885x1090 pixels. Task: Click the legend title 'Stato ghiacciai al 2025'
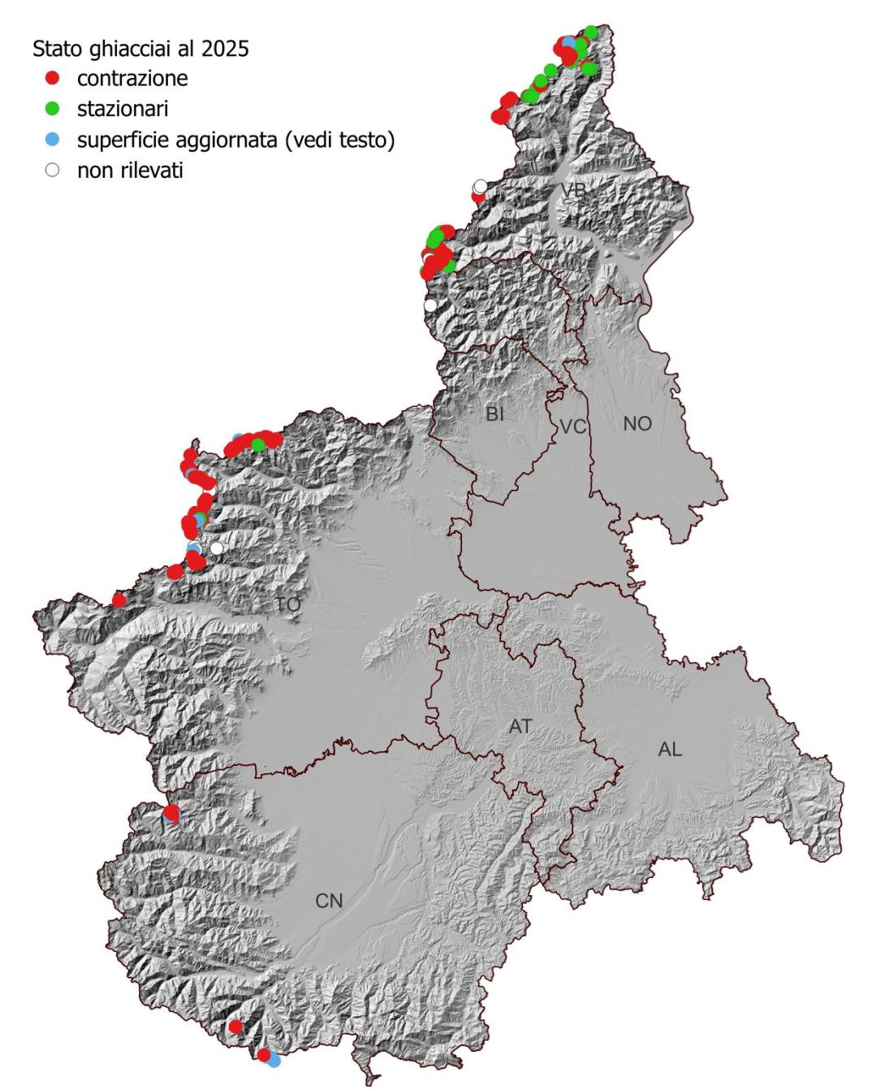click(x=140, y=49)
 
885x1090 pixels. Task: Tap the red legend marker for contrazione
click(x=53, y=79)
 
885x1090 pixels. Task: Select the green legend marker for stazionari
click(x=53, y=108)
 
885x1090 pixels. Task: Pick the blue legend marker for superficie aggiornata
click(x=53, y=140)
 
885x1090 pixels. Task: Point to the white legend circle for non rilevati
click(x=53, y=171)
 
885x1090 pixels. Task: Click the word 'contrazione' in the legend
click(x=132, y=79)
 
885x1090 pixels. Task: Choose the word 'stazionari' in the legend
click(x=123, y=108)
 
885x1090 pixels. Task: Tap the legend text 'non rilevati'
click(x=130, y=171)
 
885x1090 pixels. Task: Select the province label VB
click(x=572, y=190)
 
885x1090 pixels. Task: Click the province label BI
click(x=494, y=414)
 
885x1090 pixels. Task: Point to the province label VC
click(x=572, y=426)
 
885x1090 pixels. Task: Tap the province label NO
click(x=637, y=423)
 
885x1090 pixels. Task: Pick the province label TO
click(x=287, y=605)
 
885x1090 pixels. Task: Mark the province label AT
click(x=520, y=726)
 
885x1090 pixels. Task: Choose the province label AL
click(x=670, y=749)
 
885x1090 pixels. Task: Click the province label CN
click(x=329, y=900)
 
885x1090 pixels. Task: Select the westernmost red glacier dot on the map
click(x=119, y=600)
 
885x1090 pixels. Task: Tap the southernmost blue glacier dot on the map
click(x=274, y=1060)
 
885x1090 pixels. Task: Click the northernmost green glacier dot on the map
click(x=591, y=32)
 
